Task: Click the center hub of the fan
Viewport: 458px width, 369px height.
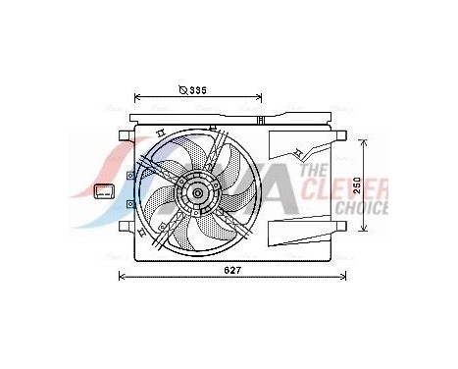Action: click(198, 192)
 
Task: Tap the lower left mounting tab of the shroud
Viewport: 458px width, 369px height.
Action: click(125, 228)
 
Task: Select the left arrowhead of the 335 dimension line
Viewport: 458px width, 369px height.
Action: click(136, 97)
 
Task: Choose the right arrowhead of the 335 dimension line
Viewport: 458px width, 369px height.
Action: click(260, 97)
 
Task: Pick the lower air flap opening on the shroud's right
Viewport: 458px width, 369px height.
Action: click(299, 231)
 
